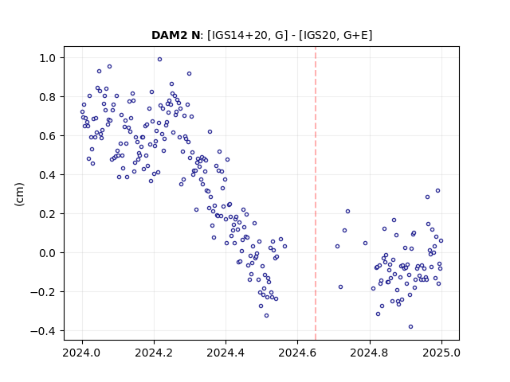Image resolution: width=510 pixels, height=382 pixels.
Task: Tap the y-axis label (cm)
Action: (19, 194)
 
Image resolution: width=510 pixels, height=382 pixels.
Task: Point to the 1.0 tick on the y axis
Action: (48, 58)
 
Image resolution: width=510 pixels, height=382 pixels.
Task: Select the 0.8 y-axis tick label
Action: (48, 97)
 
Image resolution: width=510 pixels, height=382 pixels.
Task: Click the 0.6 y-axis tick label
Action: (48, 136)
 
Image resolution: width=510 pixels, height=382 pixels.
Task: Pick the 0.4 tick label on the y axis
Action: (48, 175)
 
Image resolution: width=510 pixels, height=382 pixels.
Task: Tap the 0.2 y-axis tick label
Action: (48, 214)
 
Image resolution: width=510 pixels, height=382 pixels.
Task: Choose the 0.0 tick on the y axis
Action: (48, 253)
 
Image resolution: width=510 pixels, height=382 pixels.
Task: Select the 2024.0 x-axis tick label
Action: (82, 353)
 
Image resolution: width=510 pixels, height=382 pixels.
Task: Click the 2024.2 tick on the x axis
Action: (154, 353)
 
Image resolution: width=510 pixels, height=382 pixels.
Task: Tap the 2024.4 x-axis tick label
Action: (226, 353)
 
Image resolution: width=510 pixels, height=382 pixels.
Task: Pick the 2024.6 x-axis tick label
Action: (297, 353)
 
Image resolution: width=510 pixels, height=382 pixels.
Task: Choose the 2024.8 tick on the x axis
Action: (370, 353)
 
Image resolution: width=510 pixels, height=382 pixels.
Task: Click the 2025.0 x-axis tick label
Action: (441, 353)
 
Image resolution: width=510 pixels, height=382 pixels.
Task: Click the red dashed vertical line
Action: (316, 193)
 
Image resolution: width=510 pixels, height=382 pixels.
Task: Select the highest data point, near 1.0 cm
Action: (159, 60)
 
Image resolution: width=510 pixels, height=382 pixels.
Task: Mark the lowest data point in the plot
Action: (411, 327)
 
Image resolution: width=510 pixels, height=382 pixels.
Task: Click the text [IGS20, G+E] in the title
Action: (335, 35)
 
